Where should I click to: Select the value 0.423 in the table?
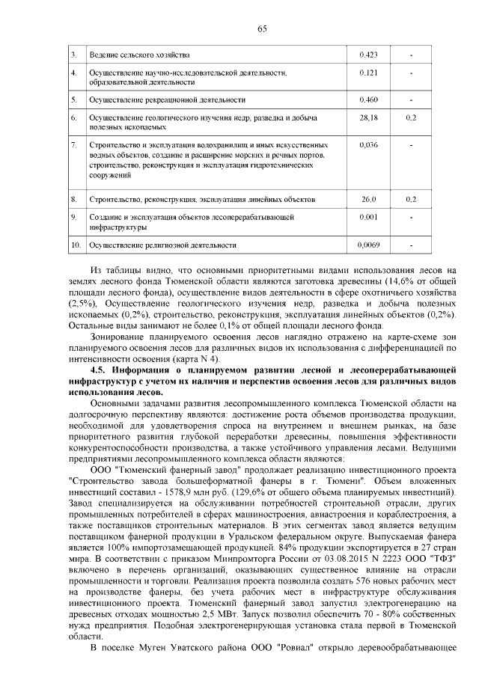[x=367, y=55]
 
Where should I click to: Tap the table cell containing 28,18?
[x=367, y=118]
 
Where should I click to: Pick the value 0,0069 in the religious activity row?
[x=369, y=245]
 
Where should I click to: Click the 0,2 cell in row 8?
[x=411, y=200]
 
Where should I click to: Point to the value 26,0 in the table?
[x=368, y=200]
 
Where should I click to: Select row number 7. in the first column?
[x=73, y=144]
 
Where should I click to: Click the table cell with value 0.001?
[x=368, y=216]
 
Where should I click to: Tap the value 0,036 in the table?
[x=368, y=144]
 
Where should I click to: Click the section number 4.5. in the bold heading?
[x=98, y=370]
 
